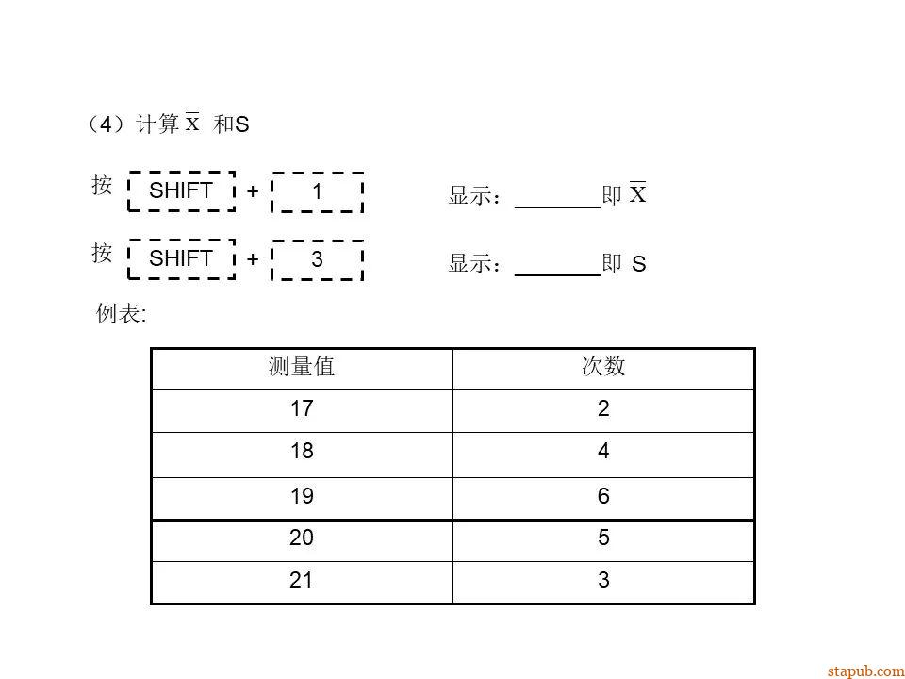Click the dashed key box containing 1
[317, 192]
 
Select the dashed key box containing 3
[317, 260]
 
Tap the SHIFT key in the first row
[181, 191]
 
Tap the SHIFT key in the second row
[181, 258]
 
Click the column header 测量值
[302, 367]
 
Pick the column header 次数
[603, 366]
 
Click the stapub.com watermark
[865, 671]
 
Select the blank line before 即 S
[557, 275]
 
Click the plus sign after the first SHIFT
[253, 191]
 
